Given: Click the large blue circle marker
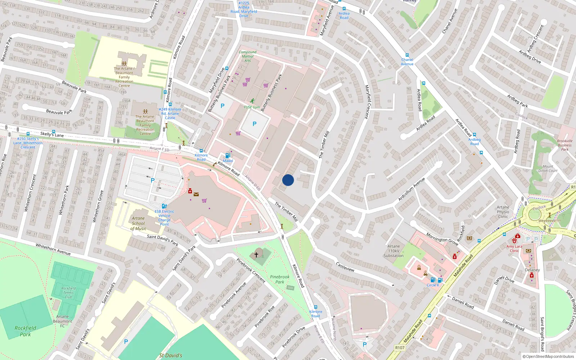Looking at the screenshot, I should pos(288,180).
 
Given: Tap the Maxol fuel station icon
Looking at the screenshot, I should pos(228,156).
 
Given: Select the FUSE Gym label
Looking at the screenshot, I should pos(252,107).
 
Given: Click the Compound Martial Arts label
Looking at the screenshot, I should pos(248,56).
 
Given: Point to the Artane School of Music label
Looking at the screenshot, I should pos(138,223).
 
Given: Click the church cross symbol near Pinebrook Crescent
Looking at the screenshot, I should pos(256,255).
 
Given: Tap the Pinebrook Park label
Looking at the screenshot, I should pos(280,279).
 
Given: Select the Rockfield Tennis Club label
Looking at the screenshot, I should pos(68,293).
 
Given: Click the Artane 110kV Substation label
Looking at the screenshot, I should pos(393,251).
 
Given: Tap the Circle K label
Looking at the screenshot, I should pos(433,285).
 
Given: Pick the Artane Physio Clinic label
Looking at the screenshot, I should pos(503,212).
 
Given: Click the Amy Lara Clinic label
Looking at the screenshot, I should pos(514,248).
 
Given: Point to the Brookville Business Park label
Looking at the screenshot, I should pos(564,145).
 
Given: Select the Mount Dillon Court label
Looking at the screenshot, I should pos(548,168).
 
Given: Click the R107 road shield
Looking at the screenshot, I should pos(400,347).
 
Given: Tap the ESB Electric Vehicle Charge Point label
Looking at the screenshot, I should pos(165,218).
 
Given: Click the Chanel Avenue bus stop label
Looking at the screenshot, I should pos(407,62).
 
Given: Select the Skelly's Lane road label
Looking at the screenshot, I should pos(52,135).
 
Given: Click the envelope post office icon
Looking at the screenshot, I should pos(196,194).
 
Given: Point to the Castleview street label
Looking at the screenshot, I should pos(345,267).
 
